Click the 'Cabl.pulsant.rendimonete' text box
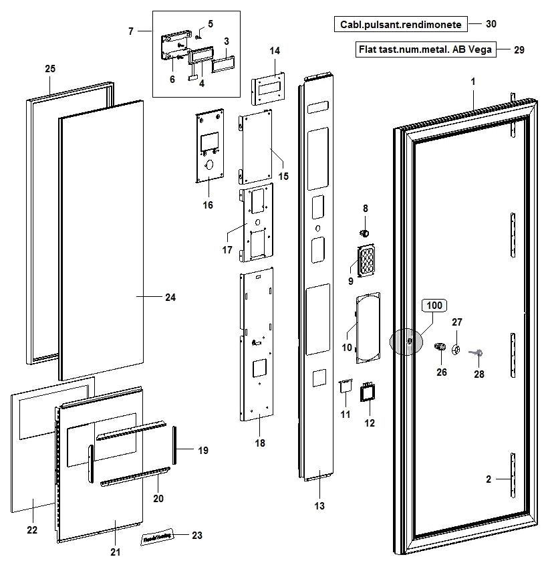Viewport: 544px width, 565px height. [x=400, y=24]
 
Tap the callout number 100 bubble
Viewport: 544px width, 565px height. [x=434, y=306]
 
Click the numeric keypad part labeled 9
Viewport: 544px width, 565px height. [x=366, y=261]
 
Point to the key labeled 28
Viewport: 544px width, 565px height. [x=477, y=353]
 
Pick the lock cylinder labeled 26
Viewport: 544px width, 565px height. [x=440, y=346]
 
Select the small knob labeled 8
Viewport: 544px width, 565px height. [x=365, y=232]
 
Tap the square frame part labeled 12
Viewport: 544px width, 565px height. [x=367, y=392]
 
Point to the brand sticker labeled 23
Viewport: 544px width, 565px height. [x=156, y=536]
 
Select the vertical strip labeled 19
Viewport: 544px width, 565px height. [x=176, y=445]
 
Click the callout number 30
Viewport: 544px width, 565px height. [x=491, y=24]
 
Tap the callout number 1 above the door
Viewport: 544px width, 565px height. [x=472, y=81]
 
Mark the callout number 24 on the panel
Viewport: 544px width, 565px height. [x=170, y=297]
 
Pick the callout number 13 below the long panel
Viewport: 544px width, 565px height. [x=319, y=506]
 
